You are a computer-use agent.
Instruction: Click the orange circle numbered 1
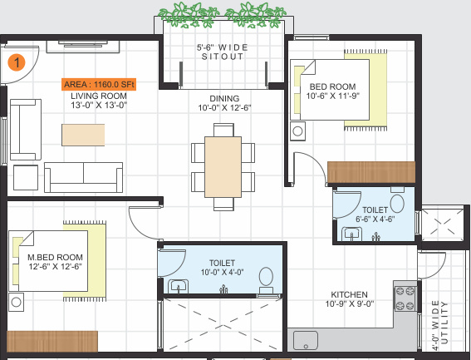16,61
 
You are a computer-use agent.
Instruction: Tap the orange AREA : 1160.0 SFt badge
99,85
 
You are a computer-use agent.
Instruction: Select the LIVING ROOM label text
98,96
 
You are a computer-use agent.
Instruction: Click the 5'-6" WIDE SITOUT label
220,52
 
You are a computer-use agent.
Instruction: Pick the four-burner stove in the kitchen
405,297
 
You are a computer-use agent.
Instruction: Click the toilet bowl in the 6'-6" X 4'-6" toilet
397,203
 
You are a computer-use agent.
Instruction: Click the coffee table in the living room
84,133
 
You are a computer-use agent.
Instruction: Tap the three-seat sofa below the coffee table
84,177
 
